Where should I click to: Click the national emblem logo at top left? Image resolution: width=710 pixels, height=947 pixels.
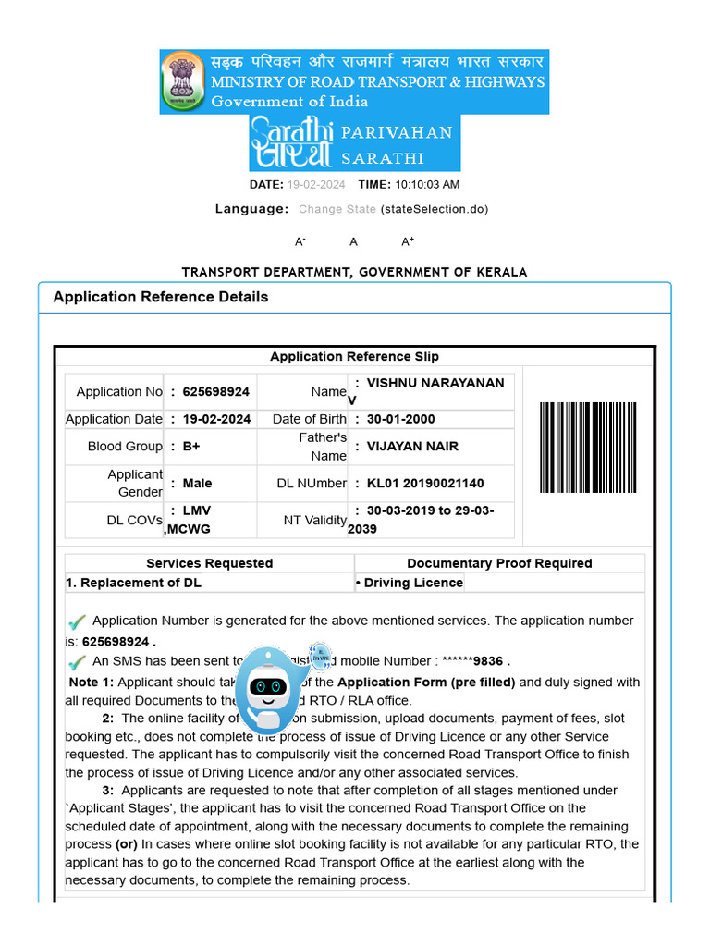pyautogui.click(x=183, y=80)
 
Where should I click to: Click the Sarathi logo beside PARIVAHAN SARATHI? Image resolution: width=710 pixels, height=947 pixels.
pyautogui.click(x=292, y=143)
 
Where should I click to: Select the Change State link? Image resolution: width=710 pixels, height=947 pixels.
pyautogui.click(x=337, y=209)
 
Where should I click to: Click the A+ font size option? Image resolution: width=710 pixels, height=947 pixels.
pyautogui.click(x=408, y=241)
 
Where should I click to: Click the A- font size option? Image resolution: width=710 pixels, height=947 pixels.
pyautogui.click(x=300, y=241)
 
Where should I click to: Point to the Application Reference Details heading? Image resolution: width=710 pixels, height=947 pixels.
pyautogui.click(x=161, y=297)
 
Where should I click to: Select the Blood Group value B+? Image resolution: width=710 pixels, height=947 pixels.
pyautogui.click(x=191, y=446)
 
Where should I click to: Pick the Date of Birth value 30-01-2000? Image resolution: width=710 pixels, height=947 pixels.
pyautogui.click(x=400, y=419)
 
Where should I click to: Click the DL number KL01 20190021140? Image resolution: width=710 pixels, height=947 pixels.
pyautogui.click(x=425, y=483)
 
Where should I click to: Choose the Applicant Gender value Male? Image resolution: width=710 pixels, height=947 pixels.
pyautogui.click(x=197, y=483)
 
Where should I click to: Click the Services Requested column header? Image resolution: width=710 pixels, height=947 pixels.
pyautogui.click(x=209, y=563)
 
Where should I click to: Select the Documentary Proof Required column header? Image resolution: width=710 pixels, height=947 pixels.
pyautogui.click(x=499, y=563)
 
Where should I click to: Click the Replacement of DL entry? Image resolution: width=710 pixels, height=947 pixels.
pyautogui.click(x=134, y=583)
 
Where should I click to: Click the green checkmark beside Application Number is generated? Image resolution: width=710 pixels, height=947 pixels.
pyautogui.click(x=77, y=621)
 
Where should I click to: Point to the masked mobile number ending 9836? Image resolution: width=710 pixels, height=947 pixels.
pyautogui.click(x=475, y=661)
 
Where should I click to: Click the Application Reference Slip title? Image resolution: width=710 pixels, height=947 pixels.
pyautogui.click(x=354, y=357)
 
